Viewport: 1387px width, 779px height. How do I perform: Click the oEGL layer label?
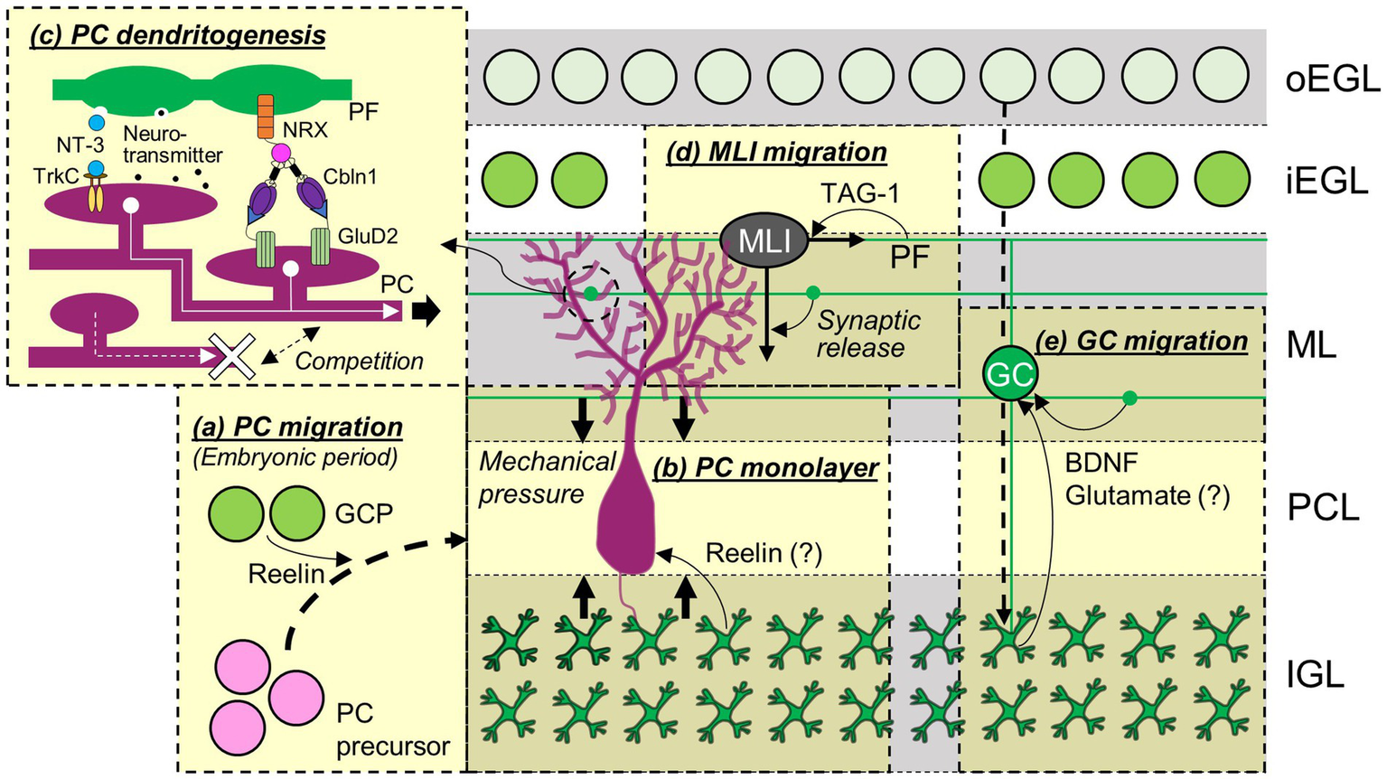pyautogui.click(x=1333, y=80)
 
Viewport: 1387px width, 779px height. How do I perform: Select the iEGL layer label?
pyautogui.click(x=1326, y=182)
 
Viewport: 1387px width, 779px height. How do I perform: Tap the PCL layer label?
pyautogui.click(x=1323, y=508)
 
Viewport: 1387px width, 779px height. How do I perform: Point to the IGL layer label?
pyautogui.click(x=1315, y=674)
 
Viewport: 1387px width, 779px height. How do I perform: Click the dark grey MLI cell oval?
pyautogui.click(x=764, y=240)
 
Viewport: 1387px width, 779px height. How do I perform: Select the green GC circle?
pyautogui.click(x=1010, y=373)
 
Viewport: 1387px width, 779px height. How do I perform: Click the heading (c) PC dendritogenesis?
pyautogui.click(x=177, y=35)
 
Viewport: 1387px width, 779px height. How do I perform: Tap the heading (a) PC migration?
pyautogui.click(x=297, y=427)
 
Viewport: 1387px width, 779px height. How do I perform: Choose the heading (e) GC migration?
pyautogui.click(x=1142, y=341)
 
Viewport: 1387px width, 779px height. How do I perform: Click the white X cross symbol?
pyautogui.click(x=232, y=356)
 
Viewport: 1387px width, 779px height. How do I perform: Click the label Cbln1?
pyautogui.click(x=350, y=176)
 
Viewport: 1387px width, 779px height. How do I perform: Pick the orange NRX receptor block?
pyautogui.click(x=266, y=117)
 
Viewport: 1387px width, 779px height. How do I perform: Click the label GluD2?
pyautogui.click(x=368, y=237)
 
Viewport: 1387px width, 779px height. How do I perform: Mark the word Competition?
pyautogui.click(x=359, y=361)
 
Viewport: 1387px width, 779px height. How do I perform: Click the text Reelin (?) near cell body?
pyautogui.click(x=764, y=553)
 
